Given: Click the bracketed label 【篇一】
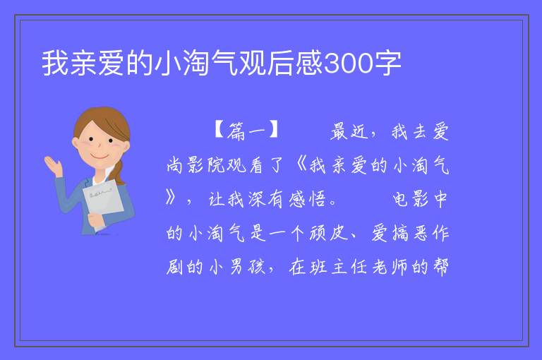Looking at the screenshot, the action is pos(246,131).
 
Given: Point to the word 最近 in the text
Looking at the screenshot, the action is pos(349,131).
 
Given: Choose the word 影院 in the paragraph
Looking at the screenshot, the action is pos(207,165).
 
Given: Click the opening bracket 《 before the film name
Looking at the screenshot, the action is pos(301,165).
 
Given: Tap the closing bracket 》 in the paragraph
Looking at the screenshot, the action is pos(170,198).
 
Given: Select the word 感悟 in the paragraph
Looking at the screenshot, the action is pos(307,199).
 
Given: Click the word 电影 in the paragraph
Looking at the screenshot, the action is pos(410,199).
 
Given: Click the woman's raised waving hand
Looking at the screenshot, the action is pos(54,165).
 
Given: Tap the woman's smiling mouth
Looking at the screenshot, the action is pos(100,156).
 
